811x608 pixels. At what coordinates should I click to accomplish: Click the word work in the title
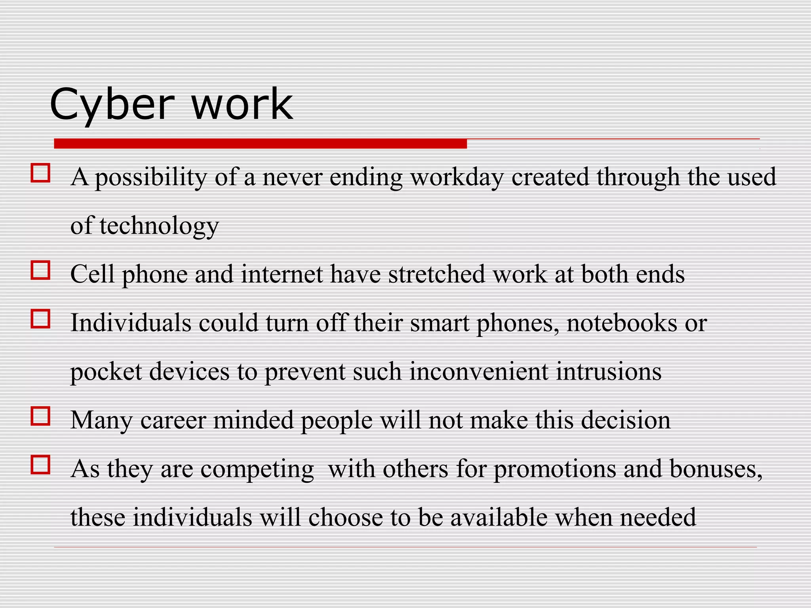(x=242, y=104)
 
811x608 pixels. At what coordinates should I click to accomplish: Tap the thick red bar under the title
(x=260, y=144)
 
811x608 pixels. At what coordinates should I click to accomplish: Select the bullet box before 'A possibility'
(x=40, y=173)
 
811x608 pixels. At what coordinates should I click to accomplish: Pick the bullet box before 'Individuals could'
(x=40, y=319)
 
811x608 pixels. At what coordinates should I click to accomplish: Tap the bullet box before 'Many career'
(x=40, y=416)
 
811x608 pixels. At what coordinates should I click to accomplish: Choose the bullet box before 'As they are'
(x=40, y=465)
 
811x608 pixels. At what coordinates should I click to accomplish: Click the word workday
(x=457, y=177)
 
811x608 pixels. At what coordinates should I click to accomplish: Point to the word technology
(x=159, y=226)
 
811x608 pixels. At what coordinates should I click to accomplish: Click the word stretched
(x=436, y=274)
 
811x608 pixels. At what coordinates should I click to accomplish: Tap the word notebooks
(x=622, y=323)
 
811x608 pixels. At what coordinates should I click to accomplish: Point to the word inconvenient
(x=479, y=372)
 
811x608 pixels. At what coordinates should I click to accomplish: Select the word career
(x=173, y=420)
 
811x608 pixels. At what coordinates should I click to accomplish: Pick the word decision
(x=626, y=420)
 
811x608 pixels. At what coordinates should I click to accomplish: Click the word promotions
(x=554, y=469)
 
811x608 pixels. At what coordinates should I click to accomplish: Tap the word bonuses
(x=716, y=469)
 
